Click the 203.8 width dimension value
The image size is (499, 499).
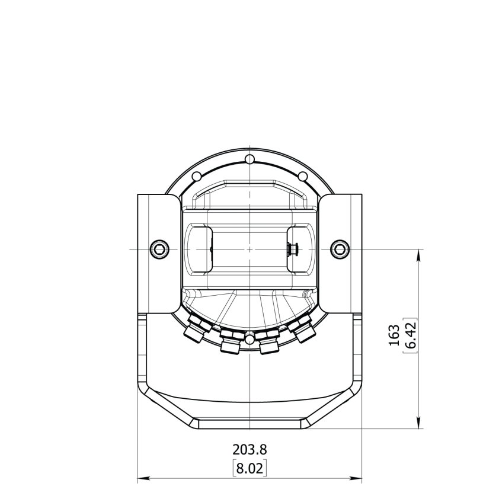pos(249,450)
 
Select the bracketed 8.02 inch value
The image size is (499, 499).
pos(249,469)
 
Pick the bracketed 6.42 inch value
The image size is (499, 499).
pos(410,335)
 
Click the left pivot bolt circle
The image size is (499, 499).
pos(159,249)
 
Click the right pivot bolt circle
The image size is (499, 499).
pos(338,249)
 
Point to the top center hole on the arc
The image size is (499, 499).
pos(250,159)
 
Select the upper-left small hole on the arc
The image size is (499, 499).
pos(196,177)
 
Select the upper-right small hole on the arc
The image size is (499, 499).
pos(303,177)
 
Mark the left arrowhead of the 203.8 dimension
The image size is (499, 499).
pos(141,478)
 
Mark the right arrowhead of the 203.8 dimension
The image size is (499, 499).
pos(358,478)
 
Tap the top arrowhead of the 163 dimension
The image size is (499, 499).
pos(420,254)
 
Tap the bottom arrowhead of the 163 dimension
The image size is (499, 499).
pos(420,423)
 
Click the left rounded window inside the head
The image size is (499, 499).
pos(200,249)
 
